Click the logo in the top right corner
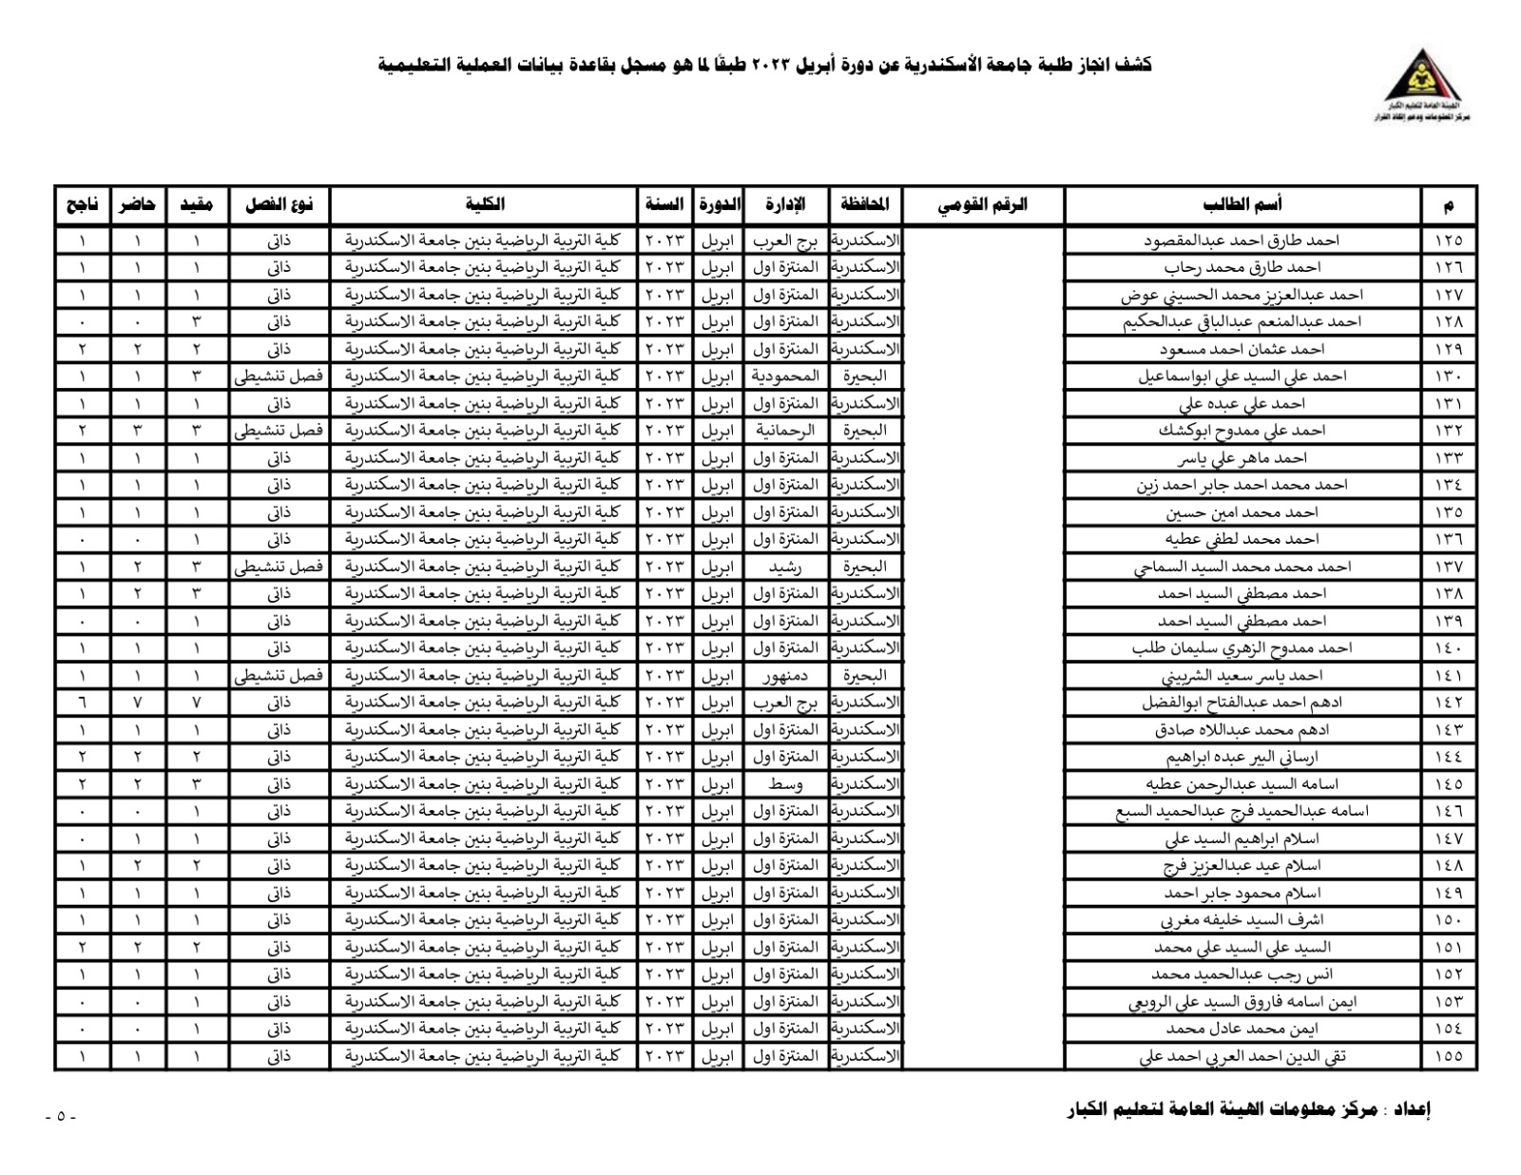(x=1421, y=85)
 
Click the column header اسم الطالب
(x=1242, y=204)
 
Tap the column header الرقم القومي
(x=982, y=204)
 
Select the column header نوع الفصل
(x=279, y=204)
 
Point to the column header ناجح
(x=82, y=204)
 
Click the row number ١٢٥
(x=1449, y=241)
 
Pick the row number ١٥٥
(x=1449, y=1056)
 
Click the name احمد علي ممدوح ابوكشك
(x=1242, y=431)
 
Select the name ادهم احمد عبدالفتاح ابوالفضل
(x=1242, y=703)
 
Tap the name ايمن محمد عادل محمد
(x=1242, y=1029)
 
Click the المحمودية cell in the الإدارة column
(x=785, y=376)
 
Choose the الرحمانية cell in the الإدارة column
(x=785, y=431)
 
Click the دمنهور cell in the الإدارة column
(x=785, y=676)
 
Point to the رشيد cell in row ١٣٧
(x=785, y=567)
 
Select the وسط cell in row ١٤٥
(x=785, y=784)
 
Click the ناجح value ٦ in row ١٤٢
(x=82, y=703)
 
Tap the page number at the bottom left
(x=61, y=1116)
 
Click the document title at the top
(x=764, y=65)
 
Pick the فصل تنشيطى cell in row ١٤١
(x=279, y=676)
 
